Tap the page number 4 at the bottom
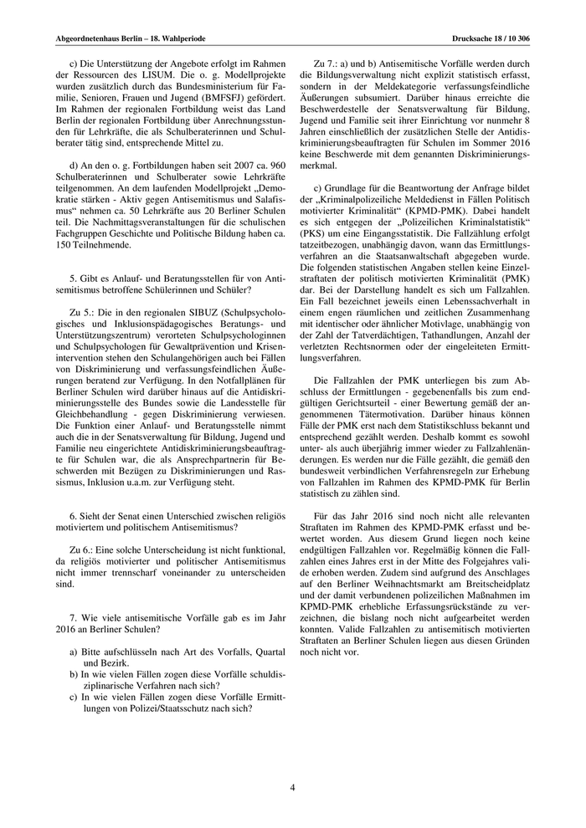(x=293, y=787)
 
